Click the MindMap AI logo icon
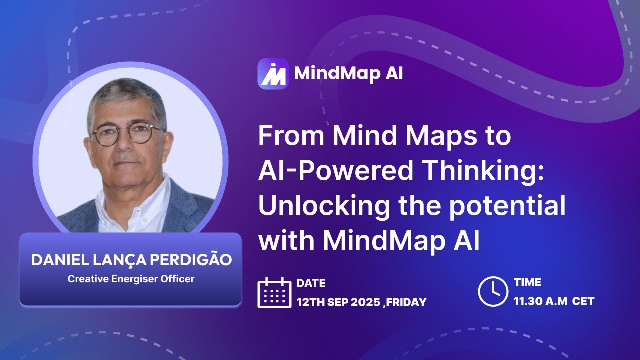pyautogui.click(x=273, y=74)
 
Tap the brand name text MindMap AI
pyautogui.click(x=348, y=73)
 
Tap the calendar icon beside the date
pyautogui.click(x=274, y=292)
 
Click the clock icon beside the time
pyautogui.click(x=493, y=292)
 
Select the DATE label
pyautogui.click(x=311, y=283)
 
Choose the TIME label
pyautogui.click(x=528, y=283)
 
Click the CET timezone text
pyautogui.click(x=583, y=301)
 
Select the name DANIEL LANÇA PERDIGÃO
pyautogui.click(x=131, y=260)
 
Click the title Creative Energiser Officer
pyautogui.click(x=131, y=278)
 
